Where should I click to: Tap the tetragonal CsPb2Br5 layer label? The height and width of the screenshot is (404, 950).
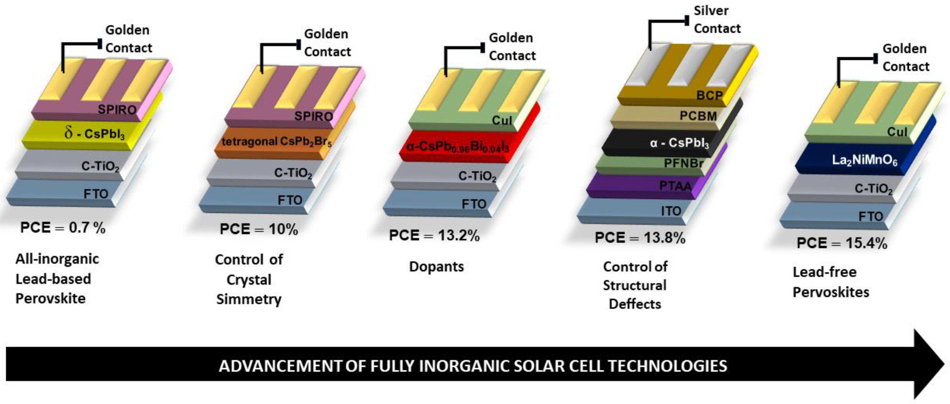(277, 142)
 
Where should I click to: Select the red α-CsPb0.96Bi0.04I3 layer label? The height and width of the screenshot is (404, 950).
(457, 147)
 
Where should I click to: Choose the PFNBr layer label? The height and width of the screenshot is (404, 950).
(683, 163)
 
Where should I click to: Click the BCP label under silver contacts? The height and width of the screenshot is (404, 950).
(709, 96)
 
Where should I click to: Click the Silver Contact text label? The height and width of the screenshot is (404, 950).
(717, 20)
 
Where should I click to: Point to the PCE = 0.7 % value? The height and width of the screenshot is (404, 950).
(63, 228)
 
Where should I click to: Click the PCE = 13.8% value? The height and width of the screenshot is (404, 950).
(640, 238)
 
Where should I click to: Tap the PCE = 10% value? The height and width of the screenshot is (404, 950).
(258, 229)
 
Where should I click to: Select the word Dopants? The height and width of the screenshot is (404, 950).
(436, 266)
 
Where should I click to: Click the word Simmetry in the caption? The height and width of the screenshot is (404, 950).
(249, 299)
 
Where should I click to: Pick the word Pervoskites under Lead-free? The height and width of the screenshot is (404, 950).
(831, 292)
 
